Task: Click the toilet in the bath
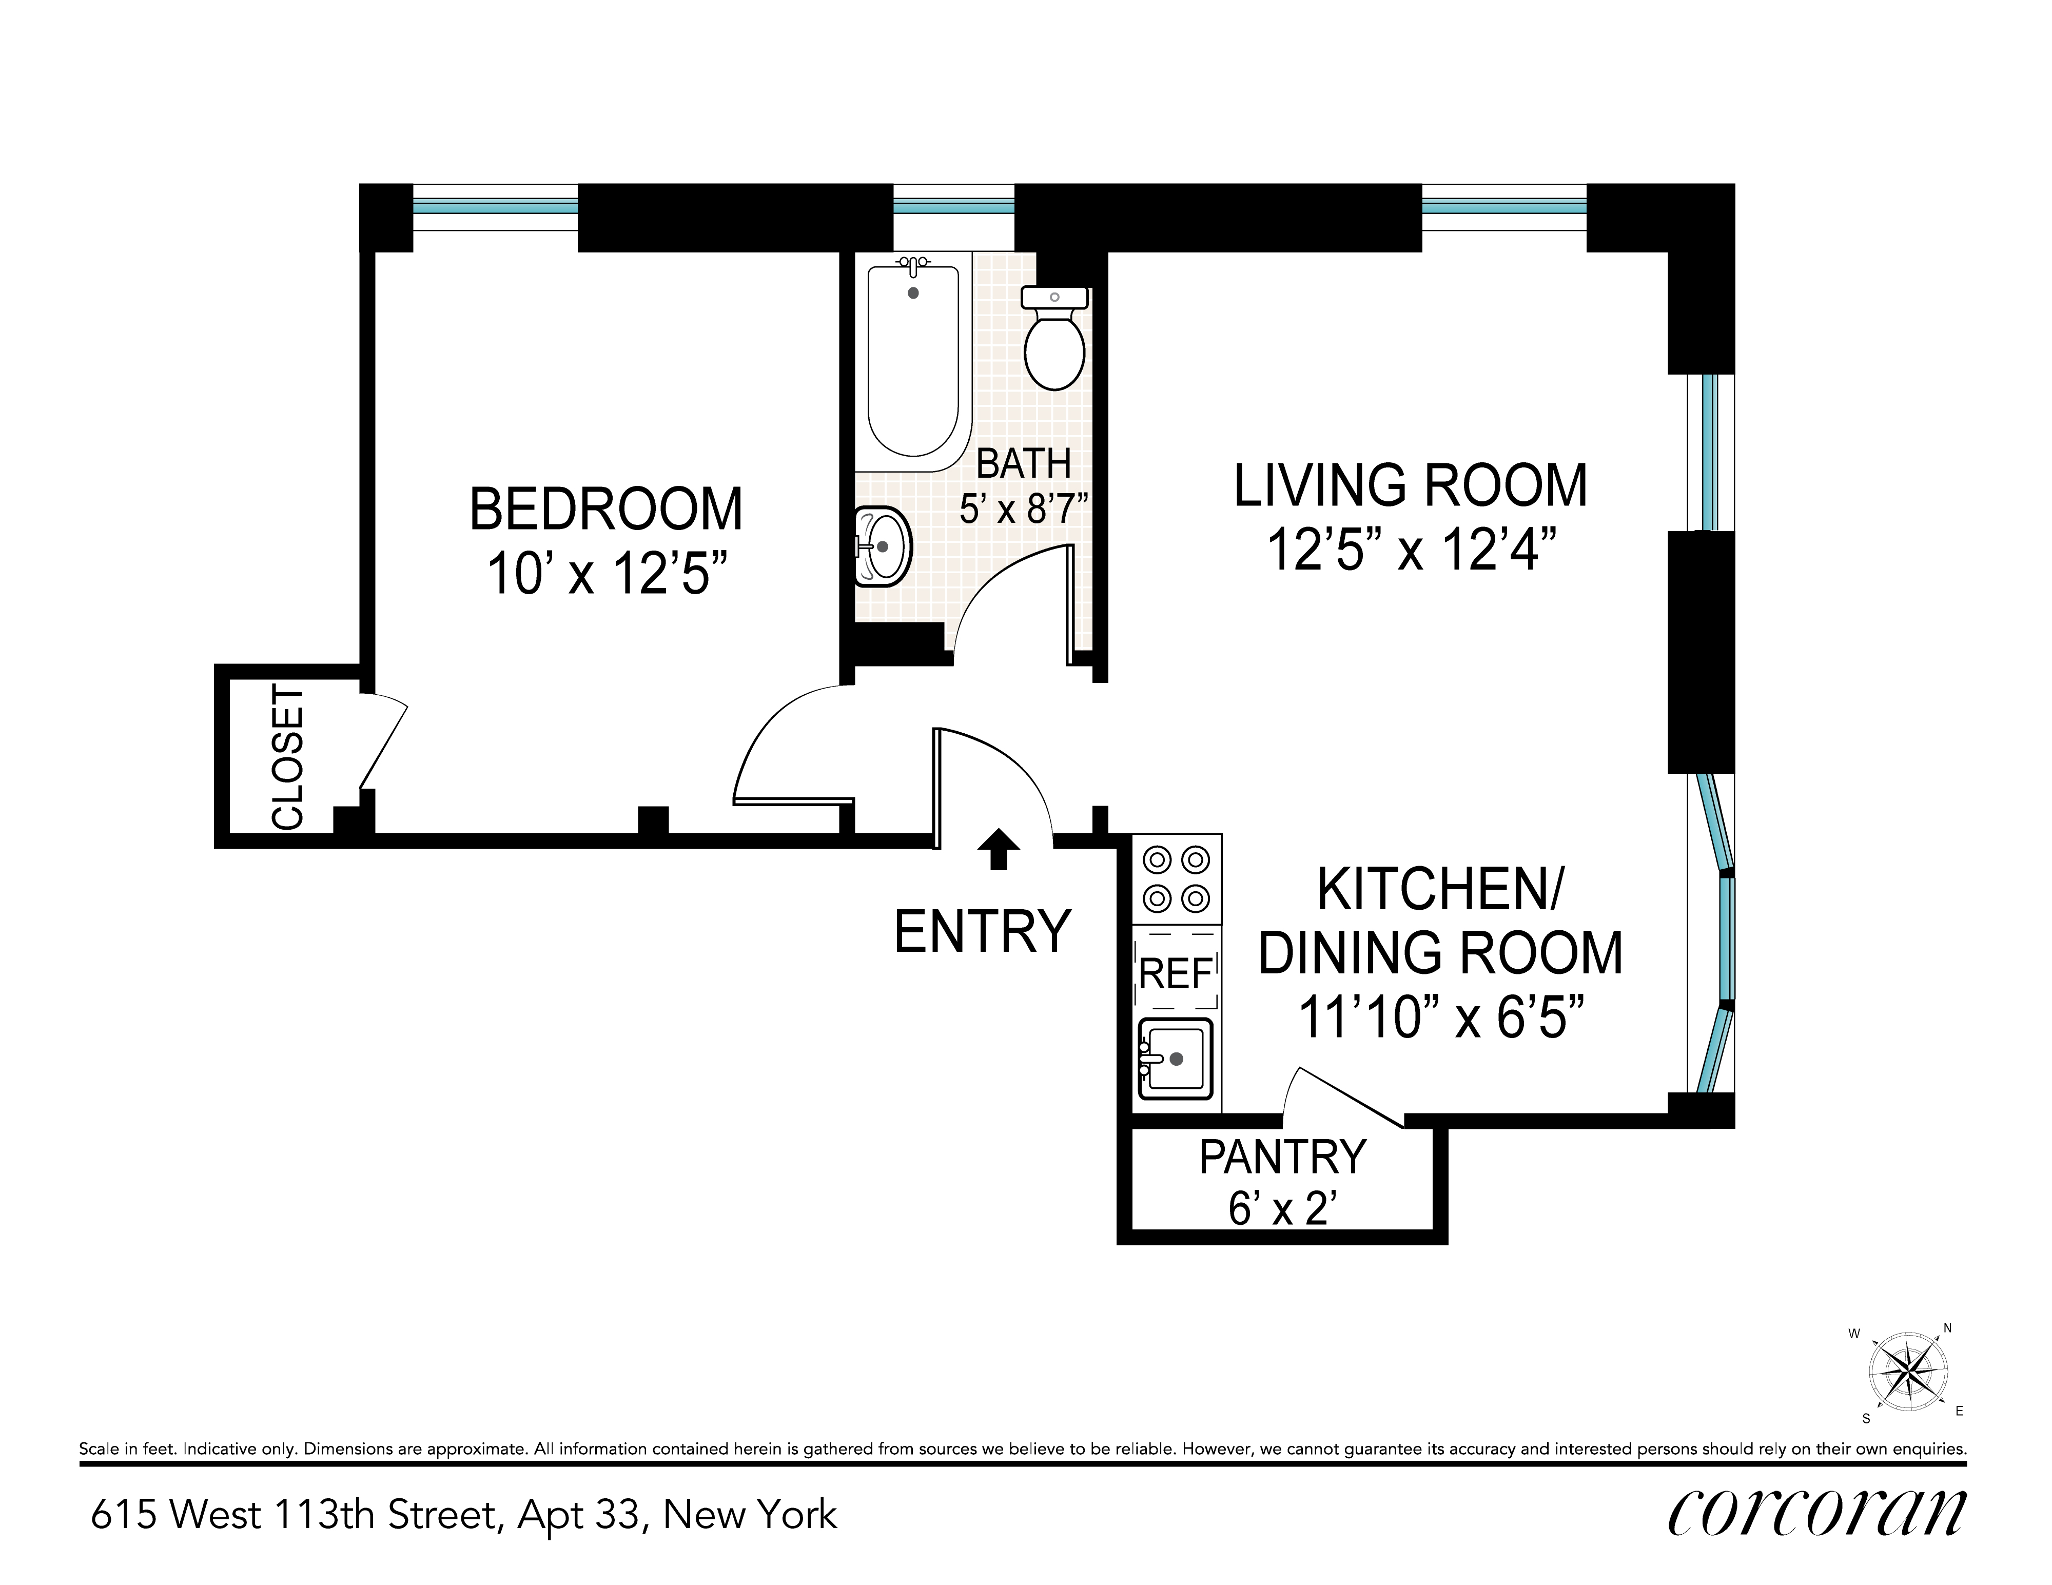1054,338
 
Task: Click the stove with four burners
1176,878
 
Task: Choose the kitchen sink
1175,1059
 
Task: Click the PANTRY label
1282,1157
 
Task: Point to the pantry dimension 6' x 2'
1282,1208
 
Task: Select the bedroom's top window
495,207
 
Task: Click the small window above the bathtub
954,207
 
